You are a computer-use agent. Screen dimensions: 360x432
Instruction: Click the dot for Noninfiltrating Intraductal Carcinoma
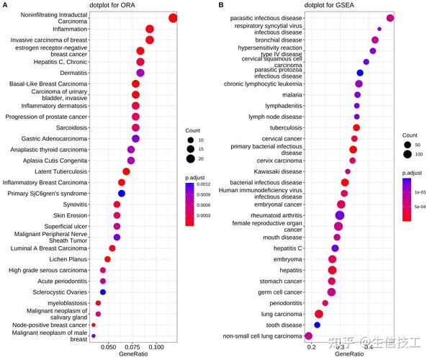click(173, 18)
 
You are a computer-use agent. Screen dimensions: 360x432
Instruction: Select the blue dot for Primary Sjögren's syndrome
click(122, 194)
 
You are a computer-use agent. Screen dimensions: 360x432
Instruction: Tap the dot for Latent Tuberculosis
click(126, 171)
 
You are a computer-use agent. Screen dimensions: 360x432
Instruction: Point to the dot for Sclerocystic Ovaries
click(103, 292)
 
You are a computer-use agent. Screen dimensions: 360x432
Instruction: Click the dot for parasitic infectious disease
click(390, 18)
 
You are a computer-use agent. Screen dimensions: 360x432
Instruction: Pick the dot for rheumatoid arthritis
click(340, 215)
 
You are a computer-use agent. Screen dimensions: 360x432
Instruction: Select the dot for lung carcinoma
click(319, 314)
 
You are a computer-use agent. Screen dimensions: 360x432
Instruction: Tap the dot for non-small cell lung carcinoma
click(309, 336)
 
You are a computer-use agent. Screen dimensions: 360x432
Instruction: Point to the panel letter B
click(220, 6)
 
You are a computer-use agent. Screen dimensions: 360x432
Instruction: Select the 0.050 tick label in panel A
click(109, 347)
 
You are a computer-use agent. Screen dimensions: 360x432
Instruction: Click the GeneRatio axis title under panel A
click(134, 354)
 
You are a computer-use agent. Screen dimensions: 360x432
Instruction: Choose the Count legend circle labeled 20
click(190, 159)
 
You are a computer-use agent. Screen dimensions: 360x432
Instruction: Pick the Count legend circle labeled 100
click(408, 154)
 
